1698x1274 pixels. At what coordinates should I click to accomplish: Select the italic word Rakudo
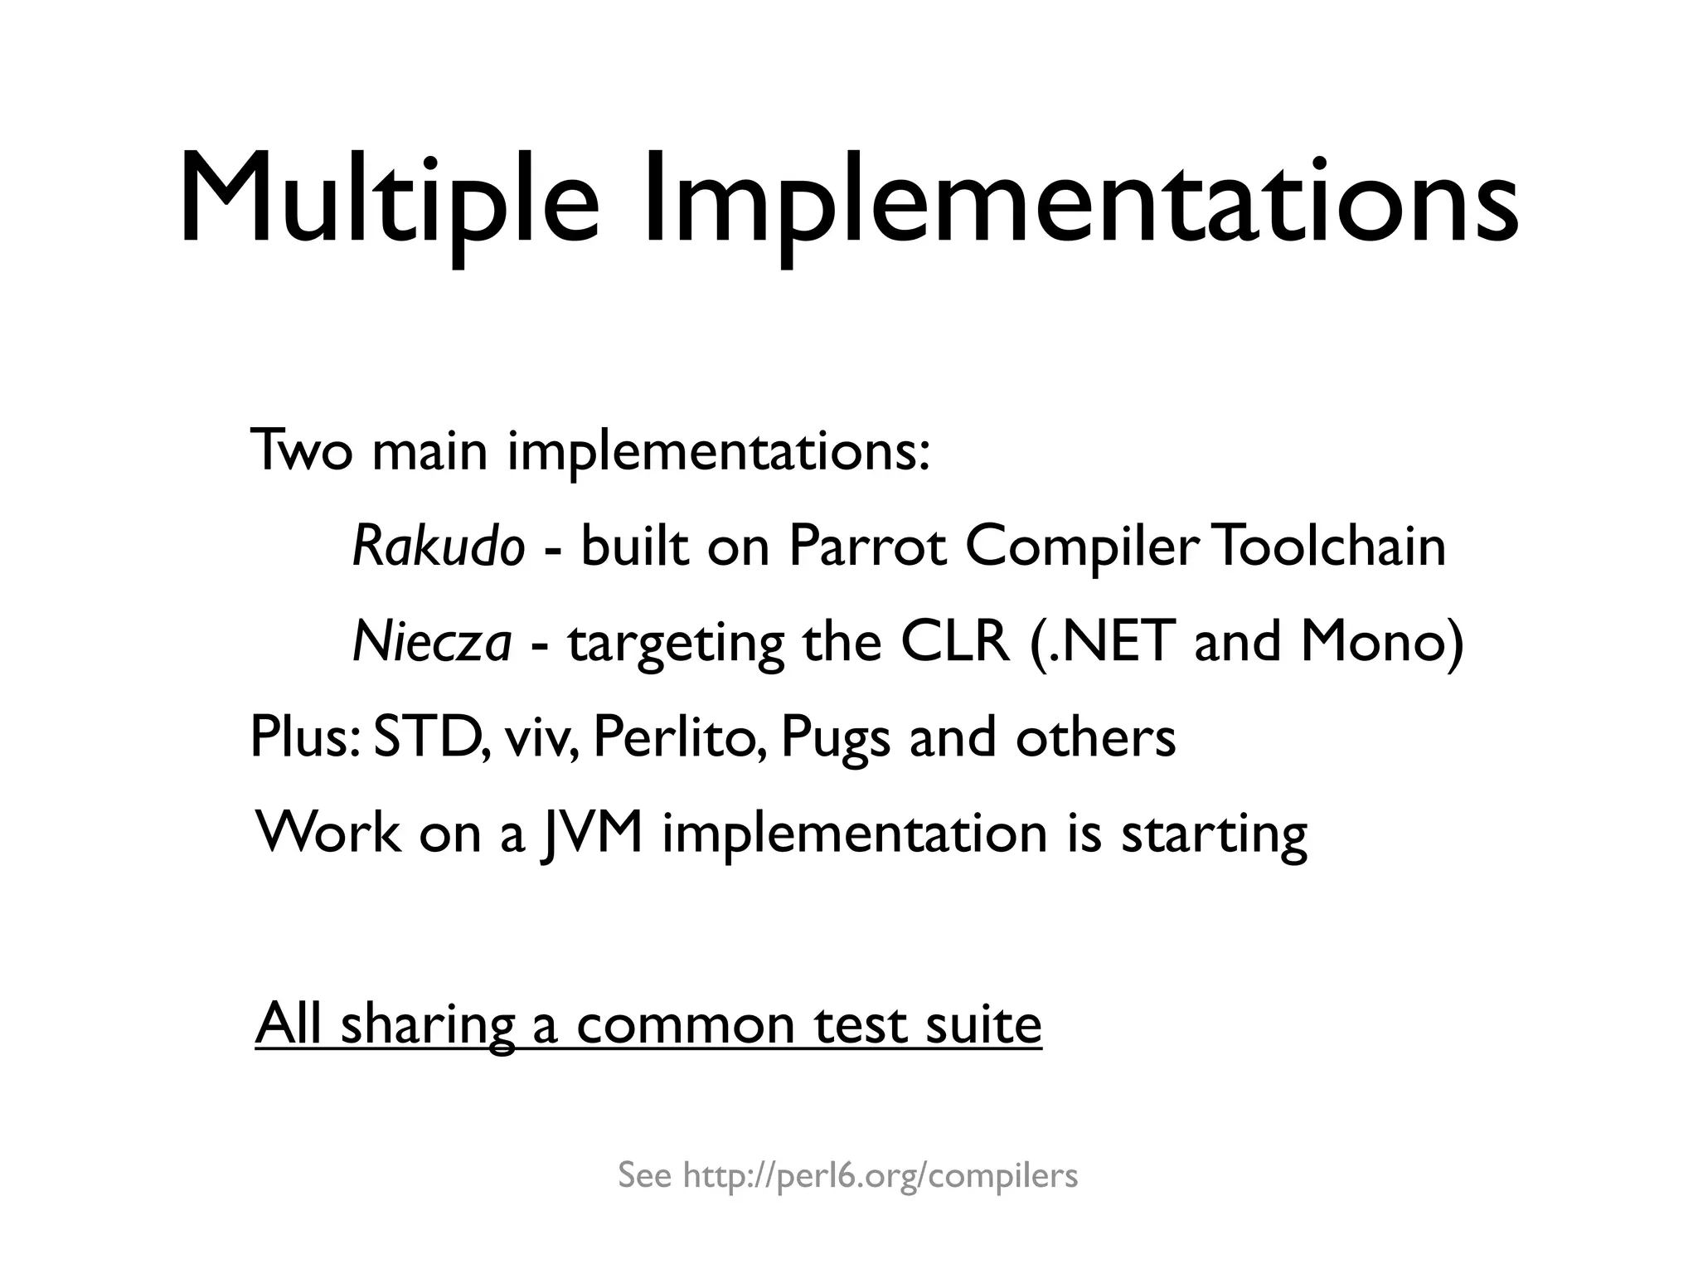pos(439,547)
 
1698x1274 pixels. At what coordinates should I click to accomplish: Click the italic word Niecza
pos(432,642)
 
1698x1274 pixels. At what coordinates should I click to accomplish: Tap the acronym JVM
pos(590,833)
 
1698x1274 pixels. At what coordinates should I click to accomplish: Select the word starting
pos(1214,834)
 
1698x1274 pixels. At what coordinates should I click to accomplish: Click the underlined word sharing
pos(428,1025)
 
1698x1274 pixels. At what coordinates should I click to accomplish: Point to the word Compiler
pos(1082,547)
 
